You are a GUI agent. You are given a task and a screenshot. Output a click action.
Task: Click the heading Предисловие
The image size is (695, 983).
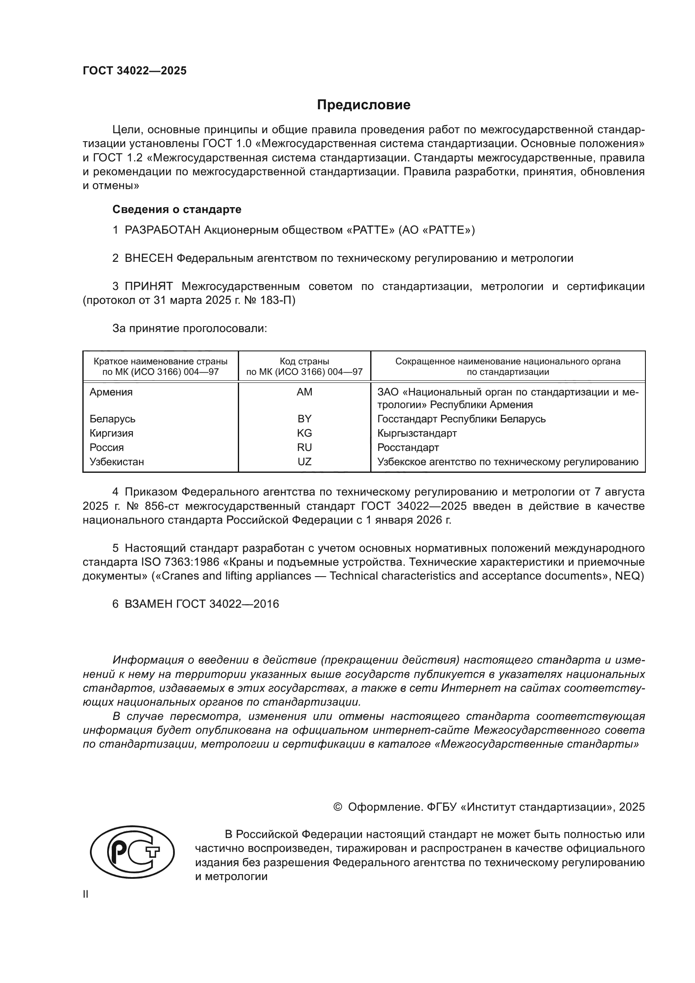click(363, 105)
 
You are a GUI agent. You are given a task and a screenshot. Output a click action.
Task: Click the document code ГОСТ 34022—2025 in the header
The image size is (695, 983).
click(134, 71)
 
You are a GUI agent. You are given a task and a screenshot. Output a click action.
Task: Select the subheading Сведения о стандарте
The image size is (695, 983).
click(177, 209)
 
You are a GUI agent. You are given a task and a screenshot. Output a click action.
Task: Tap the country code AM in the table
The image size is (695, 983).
click(304, 392)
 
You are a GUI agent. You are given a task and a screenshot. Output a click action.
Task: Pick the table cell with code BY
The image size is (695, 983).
click(304, 419)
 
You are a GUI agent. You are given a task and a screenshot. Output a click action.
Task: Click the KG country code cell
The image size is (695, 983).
click(304, 433)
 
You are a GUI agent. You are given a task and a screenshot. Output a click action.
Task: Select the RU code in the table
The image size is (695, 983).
click(304, 448)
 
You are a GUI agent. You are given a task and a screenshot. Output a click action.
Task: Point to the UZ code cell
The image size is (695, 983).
click(304, 461)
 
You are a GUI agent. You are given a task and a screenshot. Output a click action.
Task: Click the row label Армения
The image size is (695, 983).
click(111, 392)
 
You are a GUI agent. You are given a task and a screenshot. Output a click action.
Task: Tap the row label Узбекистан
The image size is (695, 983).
click(116, 461)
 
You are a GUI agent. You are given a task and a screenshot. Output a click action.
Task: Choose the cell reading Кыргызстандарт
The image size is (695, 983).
click(417, 433)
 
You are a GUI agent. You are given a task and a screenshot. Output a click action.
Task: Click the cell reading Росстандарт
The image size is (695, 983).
click(408, 448)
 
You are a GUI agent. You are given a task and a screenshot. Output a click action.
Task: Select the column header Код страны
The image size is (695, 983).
click(304, 361)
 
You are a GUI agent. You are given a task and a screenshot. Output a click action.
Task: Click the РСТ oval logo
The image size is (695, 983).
click(132, 852)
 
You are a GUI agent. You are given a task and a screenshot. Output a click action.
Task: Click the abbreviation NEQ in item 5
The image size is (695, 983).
click(629, 576)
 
